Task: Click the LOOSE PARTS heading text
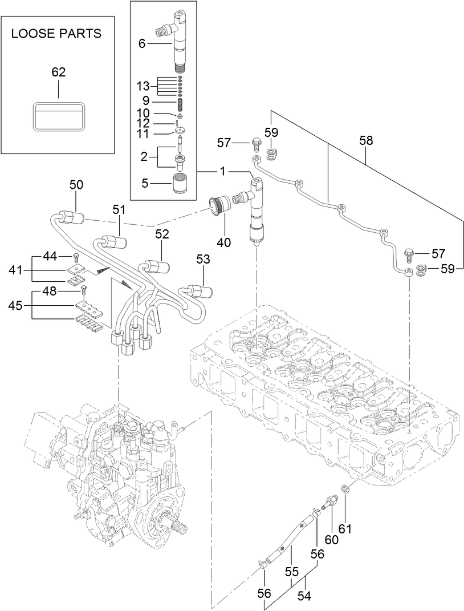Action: [x=56, y=34]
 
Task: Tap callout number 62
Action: [x=59, y=72]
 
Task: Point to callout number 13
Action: [x=143, y=86]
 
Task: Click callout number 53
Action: [x=203, y=260]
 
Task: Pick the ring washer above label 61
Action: [x=345, y=489]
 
